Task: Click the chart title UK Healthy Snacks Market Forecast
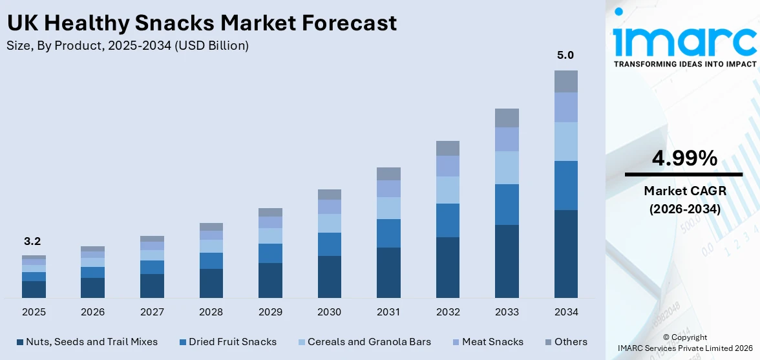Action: tap(202, 24)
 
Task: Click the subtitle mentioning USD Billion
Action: tap(127, 46)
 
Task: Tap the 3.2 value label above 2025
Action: tap(33, 242)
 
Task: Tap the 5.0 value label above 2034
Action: tap(565, 56)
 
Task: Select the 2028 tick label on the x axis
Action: tap(211, 312)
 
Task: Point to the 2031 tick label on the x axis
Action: tap(388, 312)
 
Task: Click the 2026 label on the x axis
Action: tap(92, 312)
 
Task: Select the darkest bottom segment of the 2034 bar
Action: tap(565, 253)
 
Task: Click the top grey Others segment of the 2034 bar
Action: tap(565, 81)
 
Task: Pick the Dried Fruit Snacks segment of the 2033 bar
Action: tap(507, 204)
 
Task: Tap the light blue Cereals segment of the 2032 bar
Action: tap(447, 190)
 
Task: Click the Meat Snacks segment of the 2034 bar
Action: tap(565, 107)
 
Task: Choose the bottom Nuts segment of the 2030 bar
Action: tap(329, 277)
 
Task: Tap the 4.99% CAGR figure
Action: tap(684, 158)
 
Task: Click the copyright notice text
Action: tap(684, 343)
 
